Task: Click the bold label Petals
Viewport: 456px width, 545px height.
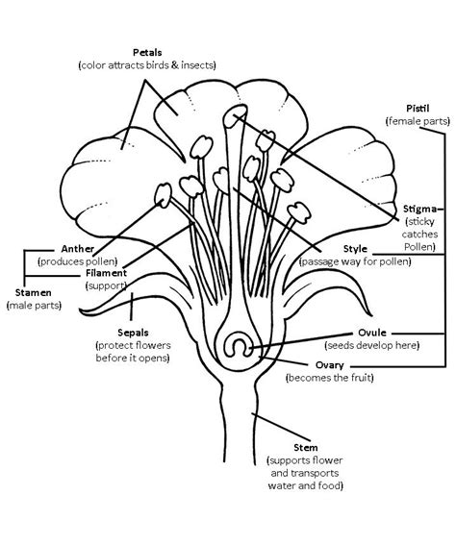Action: pyautogui.click(x=148, y=51)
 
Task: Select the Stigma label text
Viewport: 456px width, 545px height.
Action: pyautogui.click(x=422, y=208)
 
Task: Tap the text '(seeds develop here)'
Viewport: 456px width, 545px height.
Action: pyautogui.click(x=370, y=344)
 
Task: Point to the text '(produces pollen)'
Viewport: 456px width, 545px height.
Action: pyautogui.click(x=77, y=260)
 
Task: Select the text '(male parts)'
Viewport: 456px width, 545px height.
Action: pyautogui.click(x=34, y=305)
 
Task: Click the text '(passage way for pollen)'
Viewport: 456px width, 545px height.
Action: pyautogui.click(x=354, y=260)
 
